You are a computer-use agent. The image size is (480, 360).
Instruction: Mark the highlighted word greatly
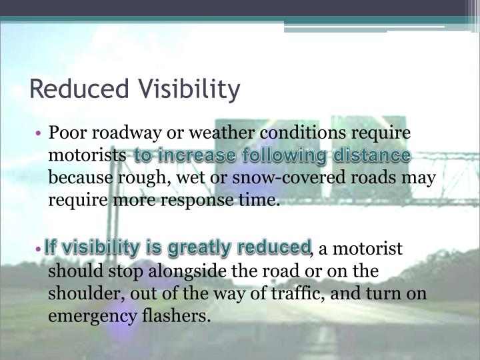pos(198,247)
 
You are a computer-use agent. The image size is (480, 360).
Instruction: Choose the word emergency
pos(85,316)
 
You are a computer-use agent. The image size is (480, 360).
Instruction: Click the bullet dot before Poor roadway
pos(41,133)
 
